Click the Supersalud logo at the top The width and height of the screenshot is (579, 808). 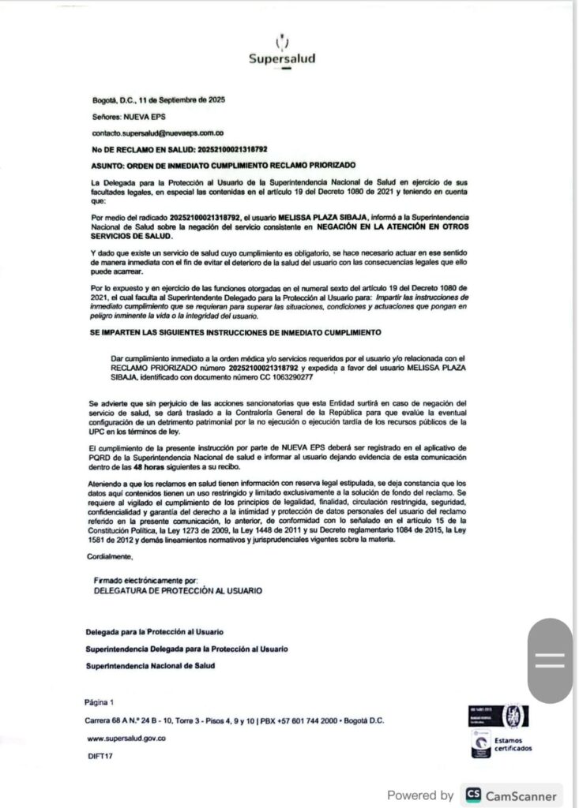click(282, 52)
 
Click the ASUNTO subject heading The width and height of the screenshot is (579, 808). click(224, 164)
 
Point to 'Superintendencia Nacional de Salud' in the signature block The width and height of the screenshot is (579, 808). click(150, 665)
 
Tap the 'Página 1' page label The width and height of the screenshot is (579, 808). click(100, 701)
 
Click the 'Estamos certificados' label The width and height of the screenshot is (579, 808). click(513, 744)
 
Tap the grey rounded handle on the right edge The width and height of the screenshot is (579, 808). click(551, 660)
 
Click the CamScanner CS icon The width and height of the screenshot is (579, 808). click(473, 795)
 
